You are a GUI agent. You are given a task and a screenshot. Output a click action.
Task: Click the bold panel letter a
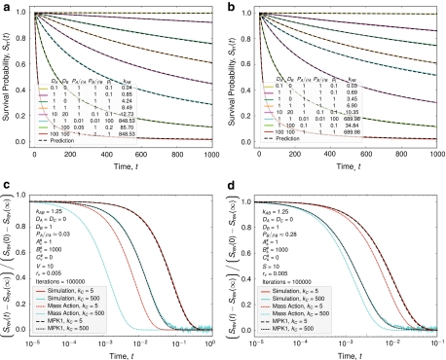pos(5,6)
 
